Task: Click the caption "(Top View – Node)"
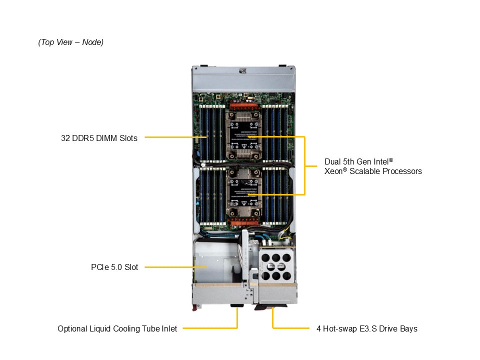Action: pyautogui.click(x=70, y=42)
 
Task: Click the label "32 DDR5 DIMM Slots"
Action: pyautogui.click(x=99, y=138)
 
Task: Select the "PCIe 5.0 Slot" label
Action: pyautogui.click(x=111, y=267)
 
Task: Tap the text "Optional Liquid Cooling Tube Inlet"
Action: pyautogui.click(x=117, y=329)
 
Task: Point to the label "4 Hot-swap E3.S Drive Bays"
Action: pyautogui.click(x=366, y=329)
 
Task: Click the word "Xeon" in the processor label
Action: pyautogui.click(x=334, y=171)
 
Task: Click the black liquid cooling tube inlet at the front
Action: pyautogui.click(x=236, y=306)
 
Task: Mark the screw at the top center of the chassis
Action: pyautogui.click(x=243, y=70)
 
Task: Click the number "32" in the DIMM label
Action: pyautogui.click(x=65, y=138)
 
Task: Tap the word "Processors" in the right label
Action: pyautogui.click(x=402, y=171)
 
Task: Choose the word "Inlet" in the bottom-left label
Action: pyautogui.click(x=168, y=329)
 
